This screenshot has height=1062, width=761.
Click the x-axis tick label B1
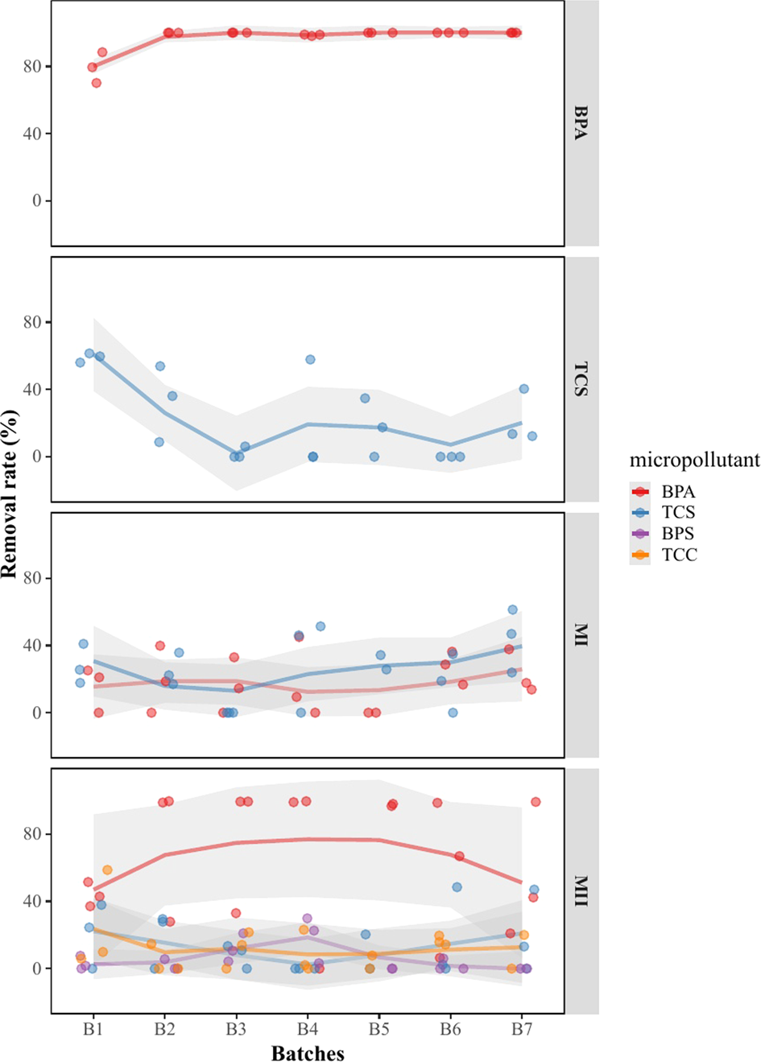coord(93,1029)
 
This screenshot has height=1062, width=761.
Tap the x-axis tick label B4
coord(307,1029)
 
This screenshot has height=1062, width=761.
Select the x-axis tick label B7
coord(522,1029)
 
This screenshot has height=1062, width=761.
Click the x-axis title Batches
coord(308,1052)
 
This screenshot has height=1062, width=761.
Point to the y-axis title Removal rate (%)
coord(10,494)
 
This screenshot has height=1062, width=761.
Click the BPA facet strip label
coord(581,123)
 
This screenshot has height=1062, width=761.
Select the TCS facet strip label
coord(581,379)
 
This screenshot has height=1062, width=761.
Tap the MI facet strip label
coord(581,635)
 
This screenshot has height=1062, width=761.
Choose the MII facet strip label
coord(581,891)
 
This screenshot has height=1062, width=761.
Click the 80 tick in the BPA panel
coord(32,67)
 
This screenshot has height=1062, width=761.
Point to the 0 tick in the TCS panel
coord(36,457)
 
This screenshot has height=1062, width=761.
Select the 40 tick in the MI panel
coord(32,646)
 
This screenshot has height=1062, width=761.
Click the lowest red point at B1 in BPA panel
coord(96,83)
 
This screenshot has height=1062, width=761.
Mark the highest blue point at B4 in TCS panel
coord(310,360)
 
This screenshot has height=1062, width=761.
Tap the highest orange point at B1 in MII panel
coord(107,870)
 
